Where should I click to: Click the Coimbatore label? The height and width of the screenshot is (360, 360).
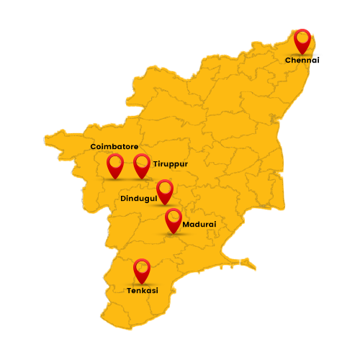point(114,147)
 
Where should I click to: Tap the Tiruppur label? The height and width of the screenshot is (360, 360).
point(170,164)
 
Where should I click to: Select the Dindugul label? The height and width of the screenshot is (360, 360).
point(139,198)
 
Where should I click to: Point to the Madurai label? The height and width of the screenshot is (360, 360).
point(199,225)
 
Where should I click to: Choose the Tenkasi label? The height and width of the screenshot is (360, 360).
point(142,291)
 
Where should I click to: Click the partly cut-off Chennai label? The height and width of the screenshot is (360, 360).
point(299,60)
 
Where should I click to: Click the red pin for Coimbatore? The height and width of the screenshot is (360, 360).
point(115,166)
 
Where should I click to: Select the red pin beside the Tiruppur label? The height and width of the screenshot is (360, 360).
point(142,166)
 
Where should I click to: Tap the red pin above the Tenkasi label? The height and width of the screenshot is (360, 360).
point(142,271)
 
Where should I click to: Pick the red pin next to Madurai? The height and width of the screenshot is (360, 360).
point(173,220)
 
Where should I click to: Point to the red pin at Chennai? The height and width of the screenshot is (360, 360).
point(303,40)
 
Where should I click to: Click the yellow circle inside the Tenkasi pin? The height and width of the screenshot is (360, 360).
point(142,266)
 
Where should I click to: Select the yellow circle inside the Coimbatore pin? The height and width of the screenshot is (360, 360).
point(115,161)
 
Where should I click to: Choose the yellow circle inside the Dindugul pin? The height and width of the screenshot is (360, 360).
point(165,188)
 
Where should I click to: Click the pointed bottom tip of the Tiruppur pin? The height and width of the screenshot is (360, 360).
point(142,179)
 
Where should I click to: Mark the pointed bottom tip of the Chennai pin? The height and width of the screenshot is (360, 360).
point(303,54)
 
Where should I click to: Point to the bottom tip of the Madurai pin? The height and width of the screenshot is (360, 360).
point(173,234)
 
